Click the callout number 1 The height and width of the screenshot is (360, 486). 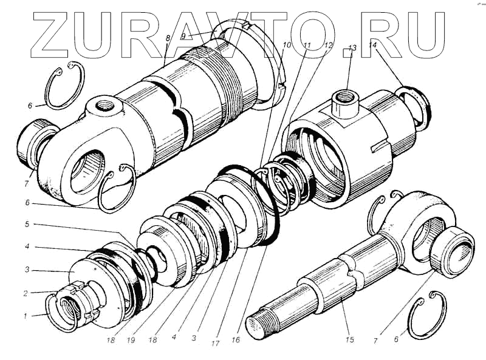[x=26, y=316]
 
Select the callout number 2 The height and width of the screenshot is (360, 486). [x=26, y=293]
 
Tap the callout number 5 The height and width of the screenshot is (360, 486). [x=27, y=223]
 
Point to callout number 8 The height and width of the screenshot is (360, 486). [x=168, y=38]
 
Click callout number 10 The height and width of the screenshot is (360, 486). [x=286, y=45]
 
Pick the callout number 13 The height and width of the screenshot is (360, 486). [x=352, y=48]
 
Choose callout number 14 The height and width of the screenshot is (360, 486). [x=372, y=45]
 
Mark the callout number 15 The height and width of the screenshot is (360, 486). [x=350, y=339]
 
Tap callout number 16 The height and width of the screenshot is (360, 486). [x=236, y=340]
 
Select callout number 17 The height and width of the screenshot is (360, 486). [x=215, y=343]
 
